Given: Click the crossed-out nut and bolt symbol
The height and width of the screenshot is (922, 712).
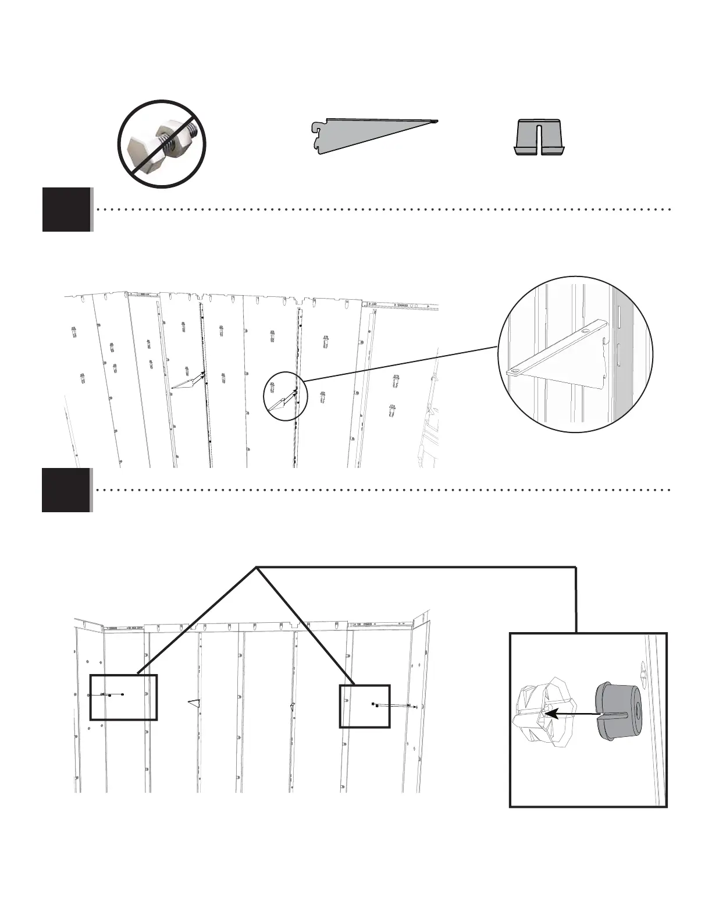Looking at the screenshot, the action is click(162, 144).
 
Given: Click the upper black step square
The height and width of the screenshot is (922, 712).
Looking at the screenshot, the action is click(67, 210).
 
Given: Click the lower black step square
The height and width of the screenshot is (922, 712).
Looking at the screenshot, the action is click(66, 490).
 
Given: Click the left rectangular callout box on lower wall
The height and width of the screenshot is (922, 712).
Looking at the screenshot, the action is click(123, 697).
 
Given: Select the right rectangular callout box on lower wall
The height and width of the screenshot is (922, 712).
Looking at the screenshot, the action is click(365, 706).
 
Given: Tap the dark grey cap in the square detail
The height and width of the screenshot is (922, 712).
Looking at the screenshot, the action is click(618, 712).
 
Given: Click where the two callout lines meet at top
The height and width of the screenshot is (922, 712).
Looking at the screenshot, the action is click(256, 567).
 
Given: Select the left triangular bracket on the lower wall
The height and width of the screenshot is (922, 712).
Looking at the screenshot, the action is click(195, 703).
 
